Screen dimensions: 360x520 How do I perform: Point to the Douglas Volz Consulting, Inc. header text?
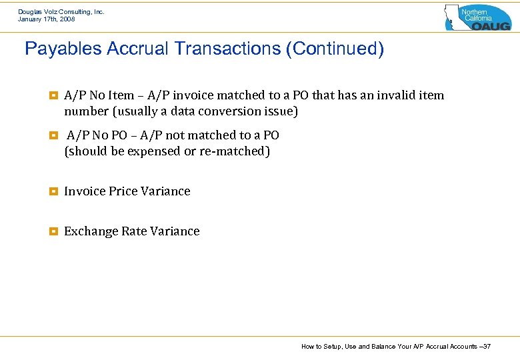[61, 12]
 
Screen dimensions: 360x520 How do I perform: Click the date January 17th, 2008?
[47, 19]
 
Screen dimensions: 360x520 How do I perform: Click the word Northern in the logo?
[475, 12]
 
